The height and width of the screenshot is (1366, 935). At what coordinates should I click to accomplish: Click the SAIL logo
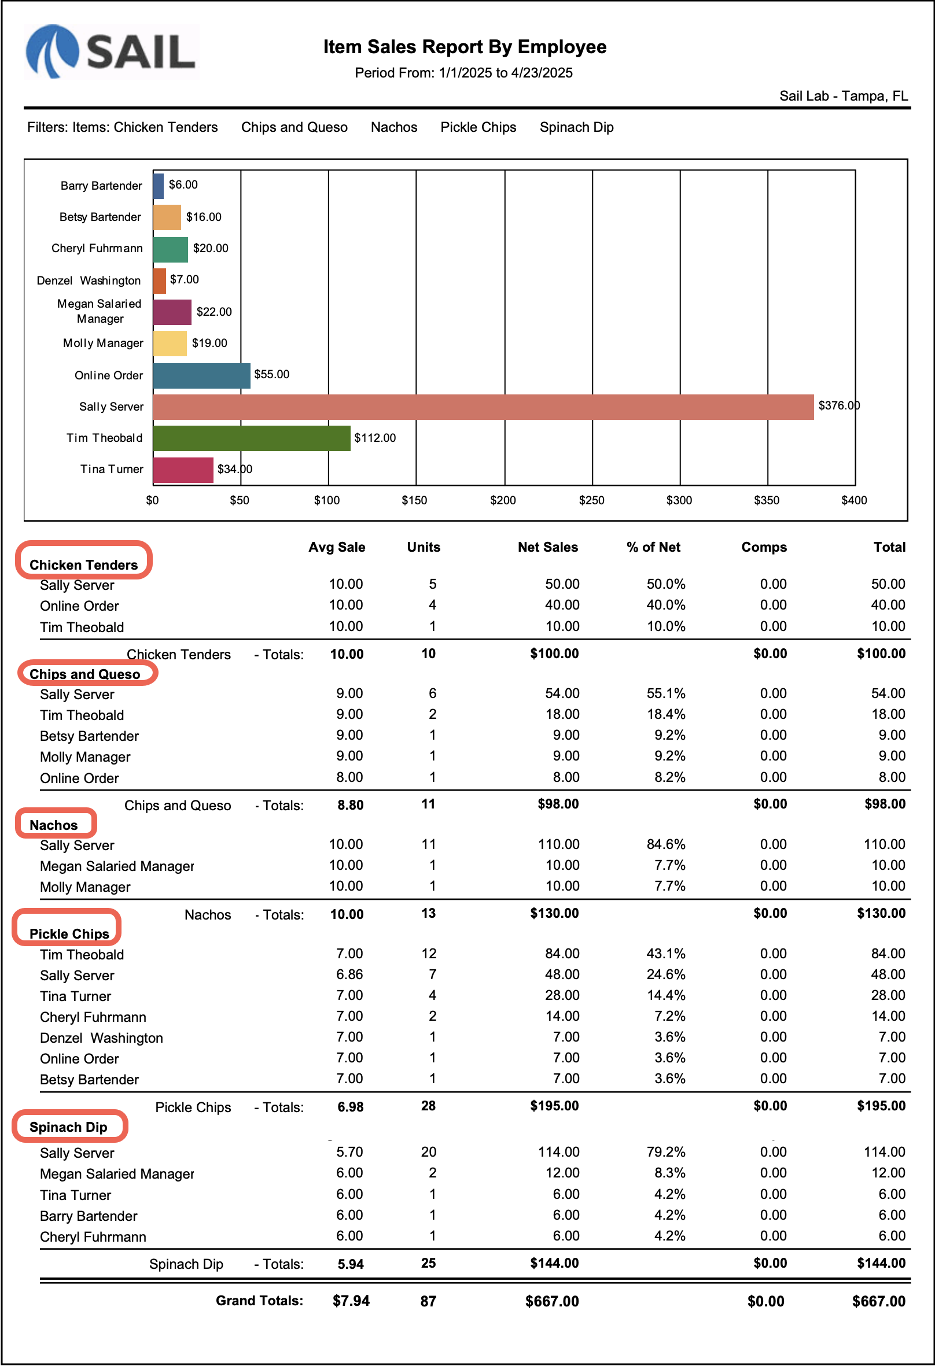tap(111, 51)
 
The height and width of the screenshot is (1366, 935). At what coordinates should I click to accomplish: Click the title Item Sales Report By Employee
tap(465, 47)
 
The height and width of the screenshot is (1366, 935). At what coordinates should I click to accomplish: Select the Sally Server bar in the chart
tap(482, 407)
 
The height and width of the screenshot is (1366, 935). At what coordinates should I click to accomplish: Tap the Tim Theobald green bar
tap(252, 438)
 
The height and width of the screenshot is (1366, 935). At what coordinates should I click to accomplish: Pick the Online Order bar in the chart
tap(202, 375)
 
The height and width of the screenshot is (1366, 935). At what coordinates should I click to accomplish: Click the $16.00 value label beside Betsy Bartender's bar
tap(204, 217)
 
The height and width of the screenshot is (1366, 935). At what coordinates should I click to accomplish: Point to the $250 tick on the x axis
tap(591, 500)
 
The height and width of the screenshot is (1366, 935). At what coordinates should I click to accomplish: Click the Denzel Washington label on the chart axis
tap(89, 280)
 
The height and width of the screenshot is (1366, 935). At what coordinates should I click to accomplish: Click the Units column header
tap(424, 547)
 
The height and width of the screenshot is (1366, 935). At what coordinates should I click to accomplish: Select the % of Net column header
tap(653, 547)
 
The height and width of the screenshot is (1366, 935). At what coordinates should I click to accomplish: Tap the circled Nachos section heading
tap(54, 825)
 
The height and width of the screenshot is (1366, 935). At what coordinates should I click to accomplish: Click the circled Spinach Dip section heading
tap(68, 1127)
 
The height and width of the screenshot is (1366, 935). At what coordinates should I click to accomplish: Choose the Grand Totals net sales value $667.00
tap(551, 1301)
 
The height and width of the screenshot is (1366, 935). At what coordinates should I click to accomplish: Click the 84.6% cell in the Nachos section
tap(666, 844)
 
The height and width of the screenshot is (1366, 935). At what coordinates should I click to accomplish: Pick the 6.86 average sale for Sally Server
tap(349, 974)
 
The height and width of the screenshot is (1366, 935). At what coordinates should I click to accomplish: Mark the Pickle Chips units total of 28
tap(428, 1106)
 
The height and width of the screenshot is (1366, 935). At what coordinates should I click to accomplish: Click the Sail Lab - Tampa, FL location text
tap(843, 96)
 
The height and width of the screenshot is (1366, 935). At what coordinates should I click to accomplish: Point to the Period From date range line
tap(463, 73)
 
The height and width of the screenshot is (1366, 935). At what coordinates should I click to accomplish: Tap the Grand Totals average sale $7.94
tap(351, 1301)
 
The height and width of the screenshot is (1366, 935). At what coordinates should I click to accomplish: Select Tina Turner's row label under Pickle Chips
tap(75, 996)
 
